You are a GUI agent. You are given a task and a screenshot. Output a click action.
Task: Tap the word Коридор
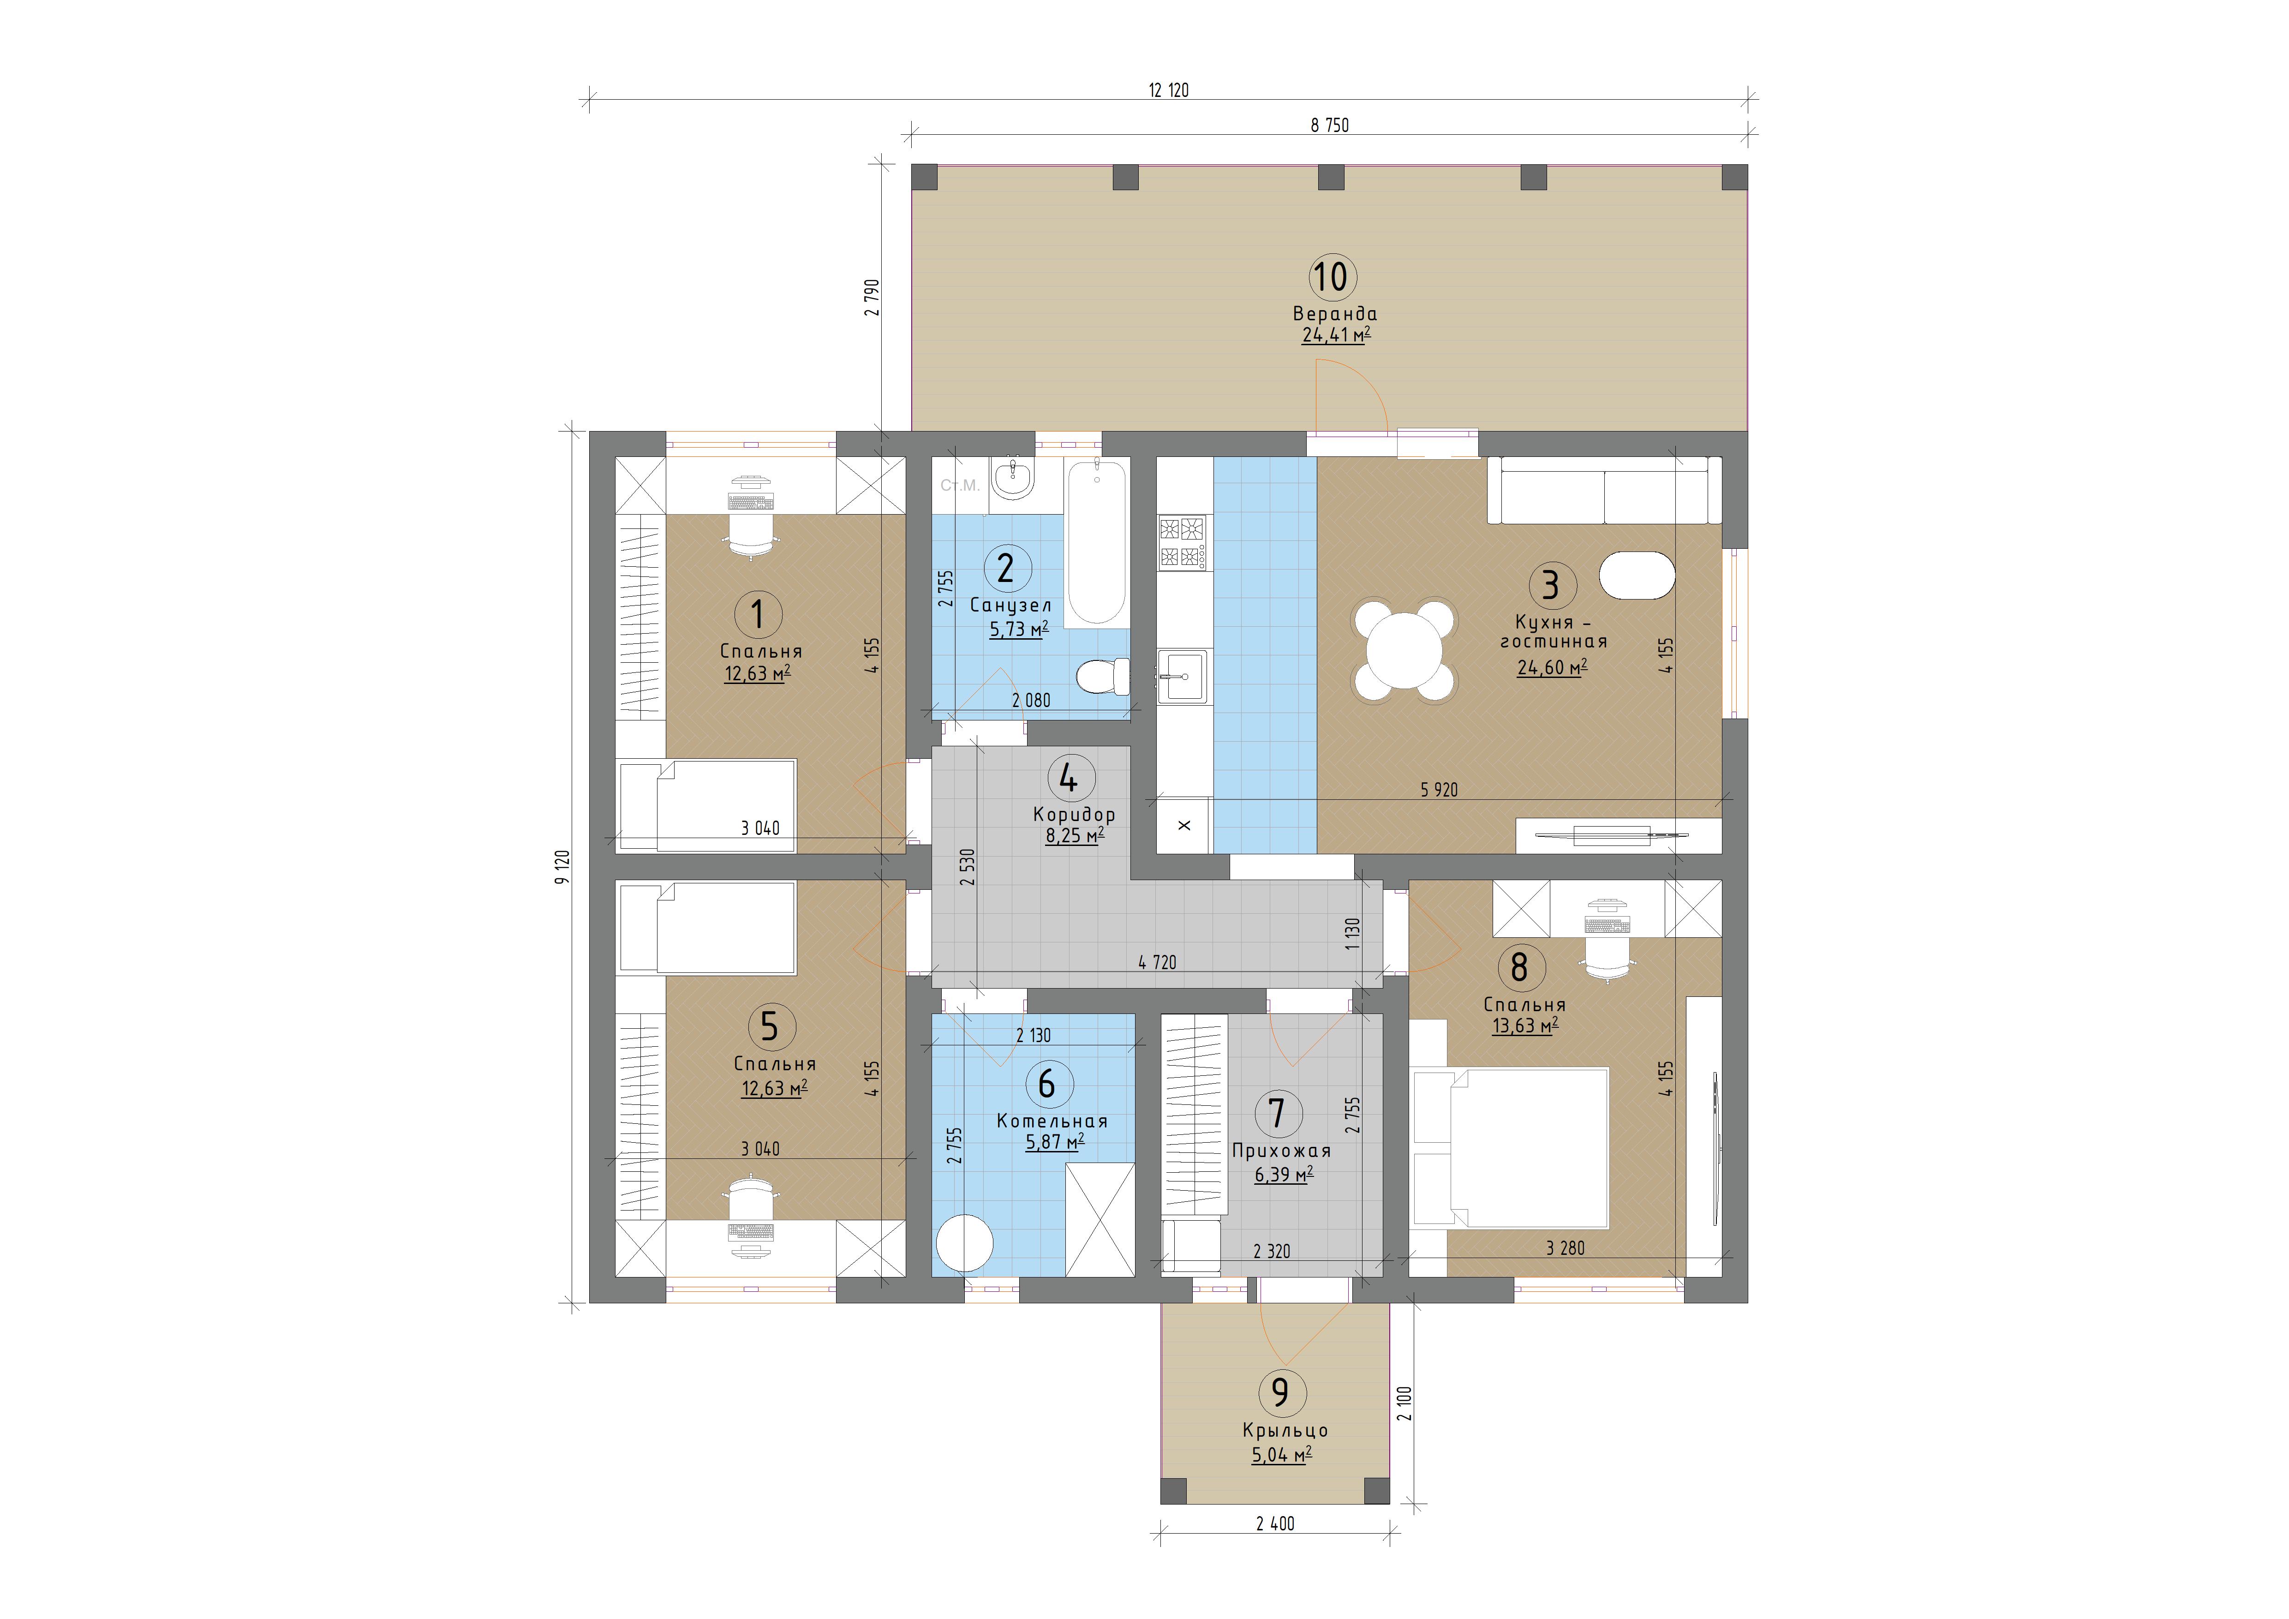pos(1074,815)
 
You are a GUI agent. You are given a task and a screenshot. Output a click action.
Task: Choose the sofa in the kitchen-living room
pos(1604,490)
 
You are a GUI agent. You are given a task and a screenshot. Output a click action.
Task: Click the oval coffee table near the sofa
pos(1637,575)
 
